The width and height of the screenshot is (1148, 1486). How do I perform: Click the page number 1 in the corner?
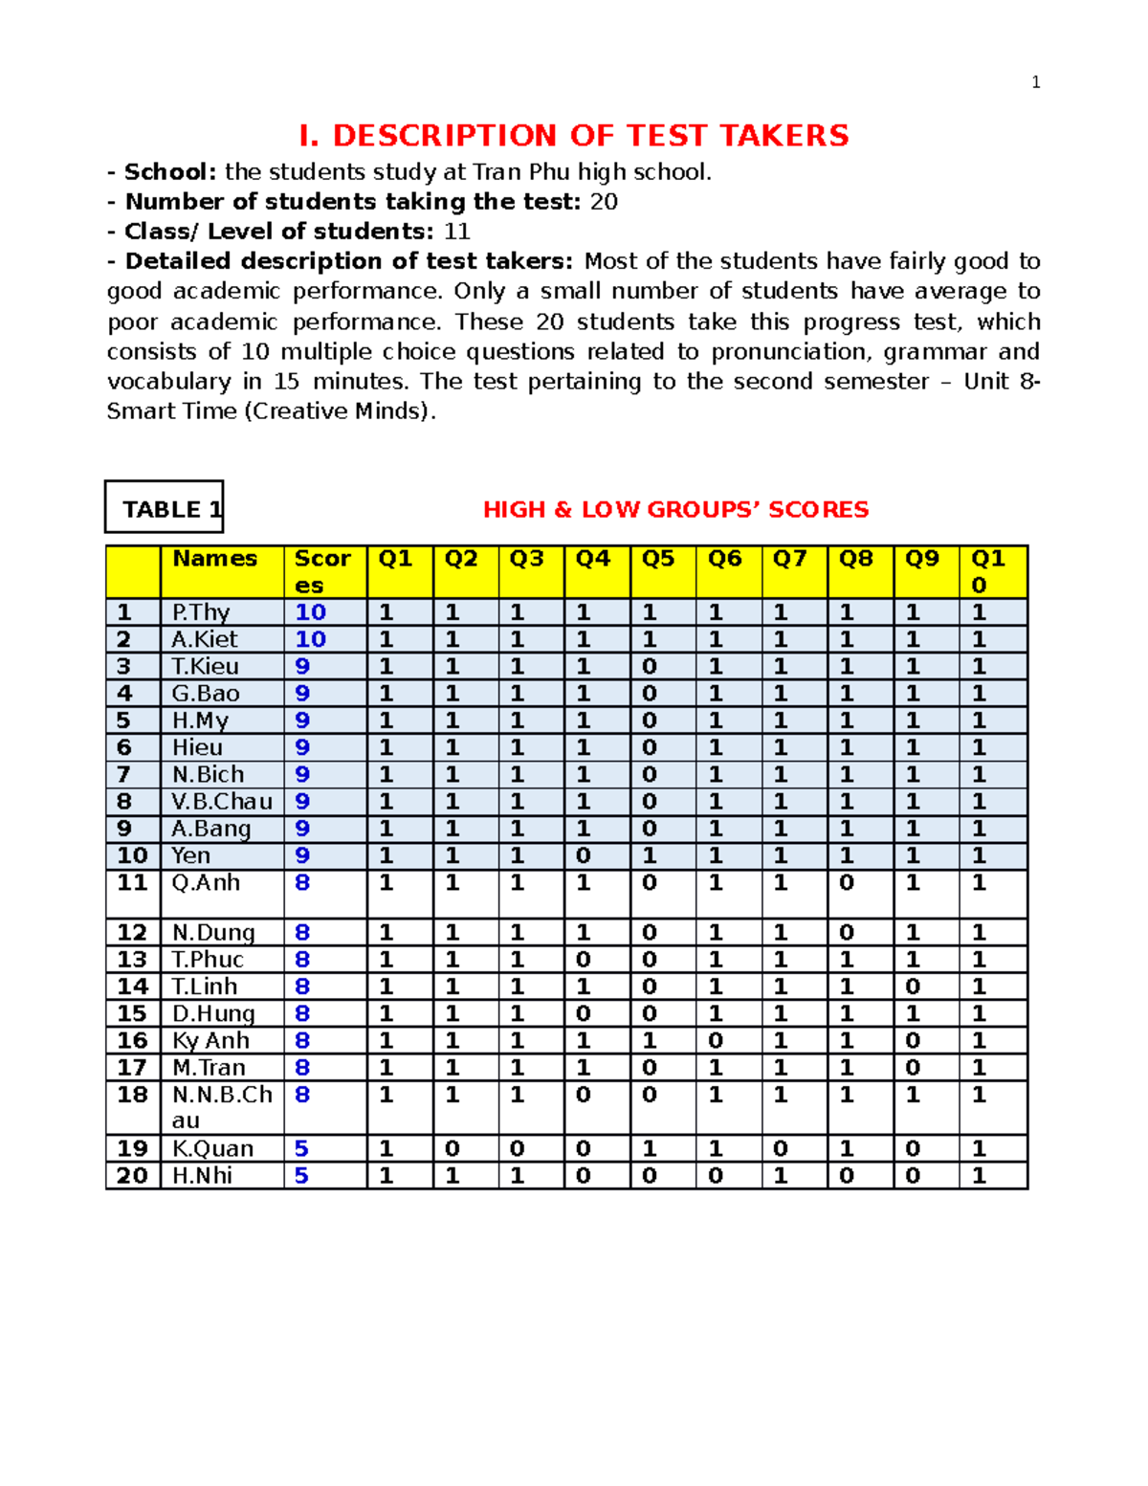(x=1035, y=82)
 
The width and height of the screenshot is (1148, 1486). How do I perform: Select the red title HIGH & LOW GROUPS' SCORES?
(x=675, y=509)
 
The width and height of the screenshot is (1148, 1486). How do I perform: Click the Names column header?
(x=214, y=559)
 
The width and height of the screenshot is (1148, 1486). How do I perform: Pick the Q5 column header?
(x=658, y=559)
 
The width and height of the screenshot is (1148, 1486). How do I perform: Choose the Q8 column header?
(x=856, y=559)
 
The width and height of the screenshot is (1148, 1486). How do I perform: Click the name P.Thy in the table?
(x=201, y=612)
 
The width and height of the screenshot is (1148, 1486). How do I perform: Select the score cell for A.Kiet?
(x=311, y=639)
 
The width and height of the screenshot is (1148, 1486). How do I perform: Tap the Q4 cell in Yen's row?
(x=584, y=855)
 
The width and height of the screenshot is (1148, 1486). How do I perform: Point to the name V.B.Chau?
(x=222, y=801)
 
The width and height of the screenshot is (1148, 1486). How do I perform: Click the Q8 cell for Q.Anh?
(x=847, y=883)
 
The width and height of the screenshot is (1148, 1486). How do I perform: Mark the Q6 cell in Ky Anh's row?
(x=716, y=1040)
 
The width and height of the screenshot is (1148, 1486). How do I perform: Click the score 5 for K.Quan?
(x=302, y=1148)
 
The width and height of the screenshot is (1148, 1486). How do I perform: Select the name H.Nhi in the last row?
(x=202, y=1175)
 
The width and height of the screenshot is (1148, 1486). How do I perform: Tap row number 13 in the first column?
(x=132, y=960)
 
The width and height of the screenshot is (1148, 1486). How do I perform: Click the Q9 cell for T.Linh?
(x=914, y=987)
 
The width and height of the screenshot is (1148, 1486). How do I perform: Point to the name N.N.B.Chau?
(x=222, y=1106)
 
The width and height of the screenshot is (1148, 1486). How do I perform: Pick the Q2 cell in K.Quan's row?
(x=453, y=1148)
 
